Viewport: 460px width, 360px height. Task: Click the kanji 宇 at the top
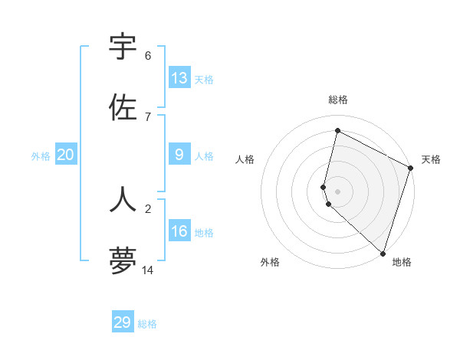click(x=123, y=47)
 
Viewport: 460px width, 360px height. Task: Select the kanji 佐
click(x=123, y=108)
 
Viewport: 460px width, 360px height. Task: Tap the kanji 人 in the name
click(x=123, y=200)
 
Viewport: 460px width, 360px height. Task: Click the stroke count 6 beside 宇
click(x=148, y=56)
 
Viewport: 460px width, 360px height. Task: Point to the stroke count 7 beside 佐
click(x=148, y=116)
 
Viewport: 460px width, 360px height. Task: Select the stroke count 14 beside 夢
click(x=148, y=270)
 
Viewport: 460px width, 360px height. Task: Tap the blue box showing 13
click(x=179, y=77)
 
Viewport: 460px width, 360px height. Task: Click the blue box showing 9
click(x=179, y=155)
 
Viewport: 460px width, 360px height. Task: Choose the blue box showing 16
click(x=179, y=231)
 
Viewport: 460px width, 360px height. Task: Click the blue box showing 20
click(x=66, y=155)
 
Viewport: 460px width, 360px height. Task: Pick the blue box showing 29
click(x=123, y=322)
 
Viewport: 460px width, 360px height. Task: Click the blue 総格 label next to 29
click(x=148, y=324)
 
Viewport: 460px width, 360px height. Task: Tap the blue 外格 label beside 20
click(x=41, y=156)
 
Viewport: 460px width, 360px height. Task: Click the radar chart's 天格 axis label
click(x=431, y=159)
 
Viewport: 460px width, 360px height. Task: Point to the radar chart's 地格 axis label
click(x=402, y=262)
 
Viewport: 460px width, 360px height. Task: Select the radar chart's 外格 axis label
click(x=270, y=262)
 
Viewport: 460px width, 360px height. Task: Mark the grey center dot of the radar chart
click(x=337, y=191)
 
